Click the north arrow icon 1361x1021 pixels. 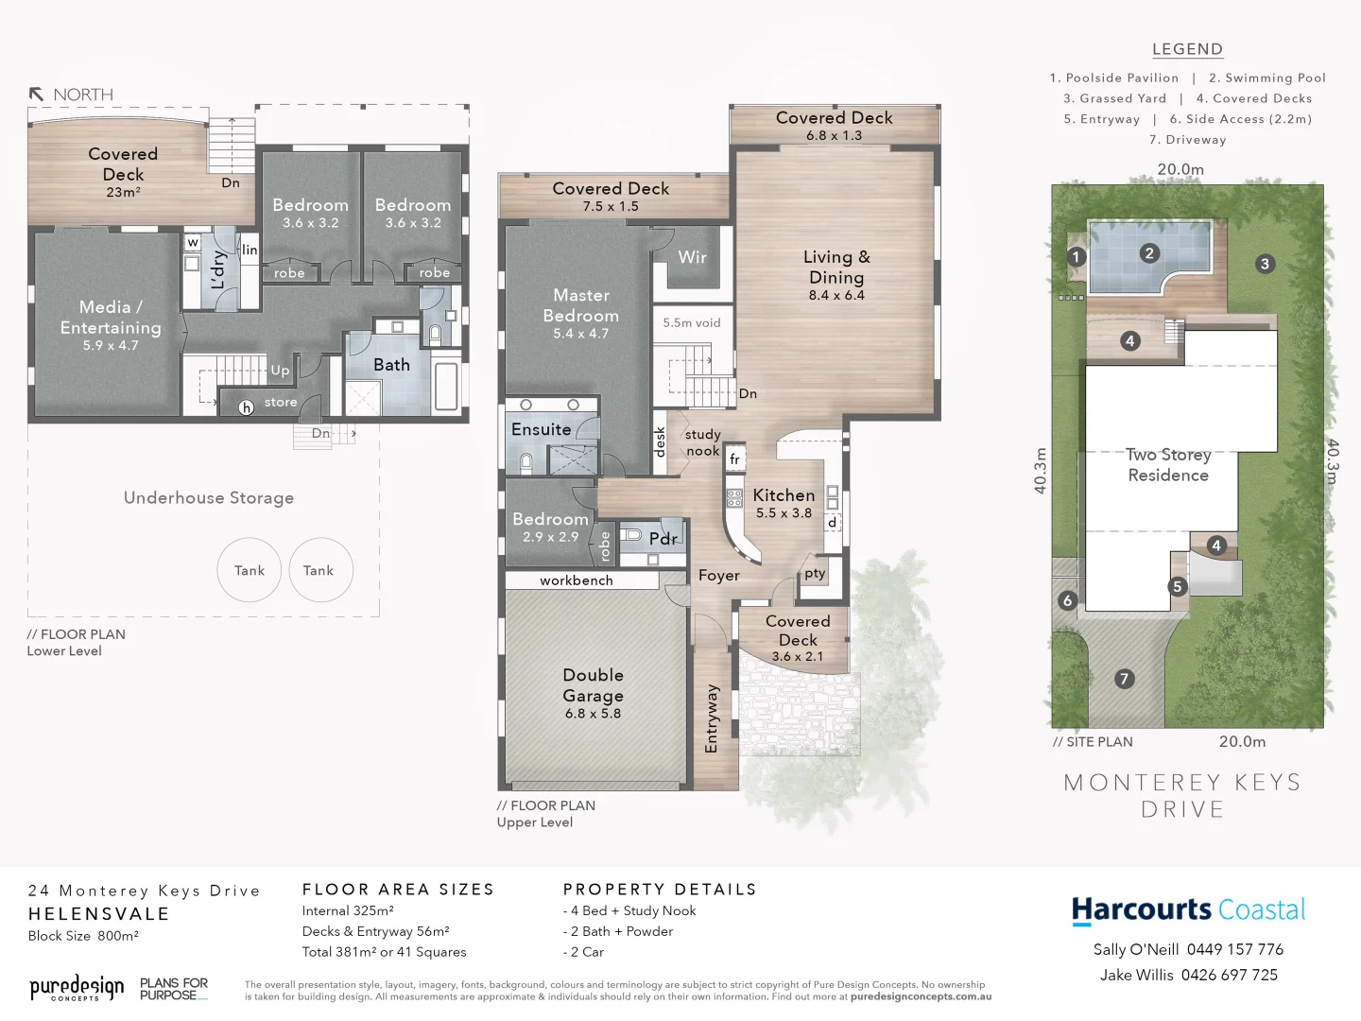[37, 95]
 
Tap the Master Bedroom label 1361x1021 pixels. [580, 306]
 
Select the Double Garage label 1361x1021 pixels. [593, 686]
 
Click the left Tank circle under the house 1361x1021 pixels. [250, 570]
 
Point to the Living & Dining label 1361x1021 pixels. [836, 268]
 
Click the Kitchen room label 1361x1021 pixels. [784, 495]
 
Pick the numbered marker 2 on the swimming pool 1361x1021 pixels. [1149, 253]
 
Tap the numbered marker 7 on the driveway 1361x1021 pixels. [1124, 679]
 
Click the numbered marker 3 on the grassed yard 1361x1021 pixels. [1265, 264]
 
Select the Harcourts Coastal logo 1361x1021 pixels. [1188, 909]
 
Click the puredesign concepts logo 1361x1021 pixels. [77, 989]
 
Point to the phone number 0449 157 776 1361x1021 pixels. [1234, 949]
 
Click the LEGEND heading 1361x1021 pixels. [1187, 49]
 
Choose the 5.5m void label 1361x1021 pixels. [691, 322]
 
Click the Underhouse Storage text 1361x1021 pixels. [209, 498]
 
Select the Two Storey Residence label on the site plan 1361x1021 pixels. [1168, 465]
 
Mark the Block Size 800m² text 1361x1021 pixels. [83, 936]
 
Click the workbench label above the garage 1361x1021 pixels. [577, 580]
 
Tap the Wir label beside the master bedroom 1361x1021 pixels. [692, 257]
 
